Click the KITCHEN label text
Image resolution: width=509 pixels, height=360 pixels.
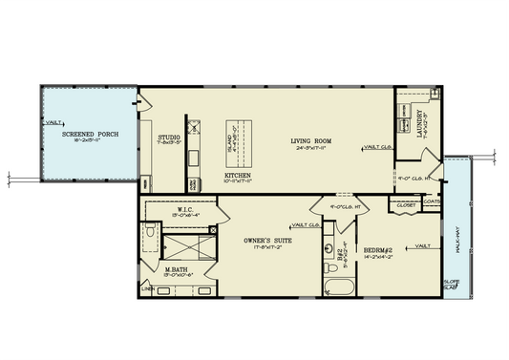coord(238,176)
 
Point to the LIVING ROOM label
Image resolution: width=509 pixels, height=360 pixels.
coord(311,142)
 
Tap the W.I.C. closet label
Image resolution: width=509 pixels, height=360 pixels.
coord(186,208)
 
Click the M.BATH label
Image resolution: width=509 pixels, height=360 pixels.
coord(174,268)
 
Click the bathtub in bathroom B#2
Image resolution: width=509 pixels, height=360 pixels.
coord(336,286)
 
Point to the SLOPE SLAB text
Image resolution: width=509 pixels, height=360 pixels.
coord(452,284)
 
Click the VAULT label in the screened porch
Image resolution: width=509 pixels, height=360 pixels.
coord(53,123)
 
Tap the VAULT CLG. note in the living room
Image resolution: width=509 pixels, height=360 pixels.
coord(378,147)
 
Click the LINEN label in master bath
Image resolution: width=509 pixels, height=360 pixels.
coord(148,287)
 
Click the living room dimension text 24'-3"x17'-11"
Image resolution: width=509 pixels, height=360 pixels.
coord(311,150)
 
